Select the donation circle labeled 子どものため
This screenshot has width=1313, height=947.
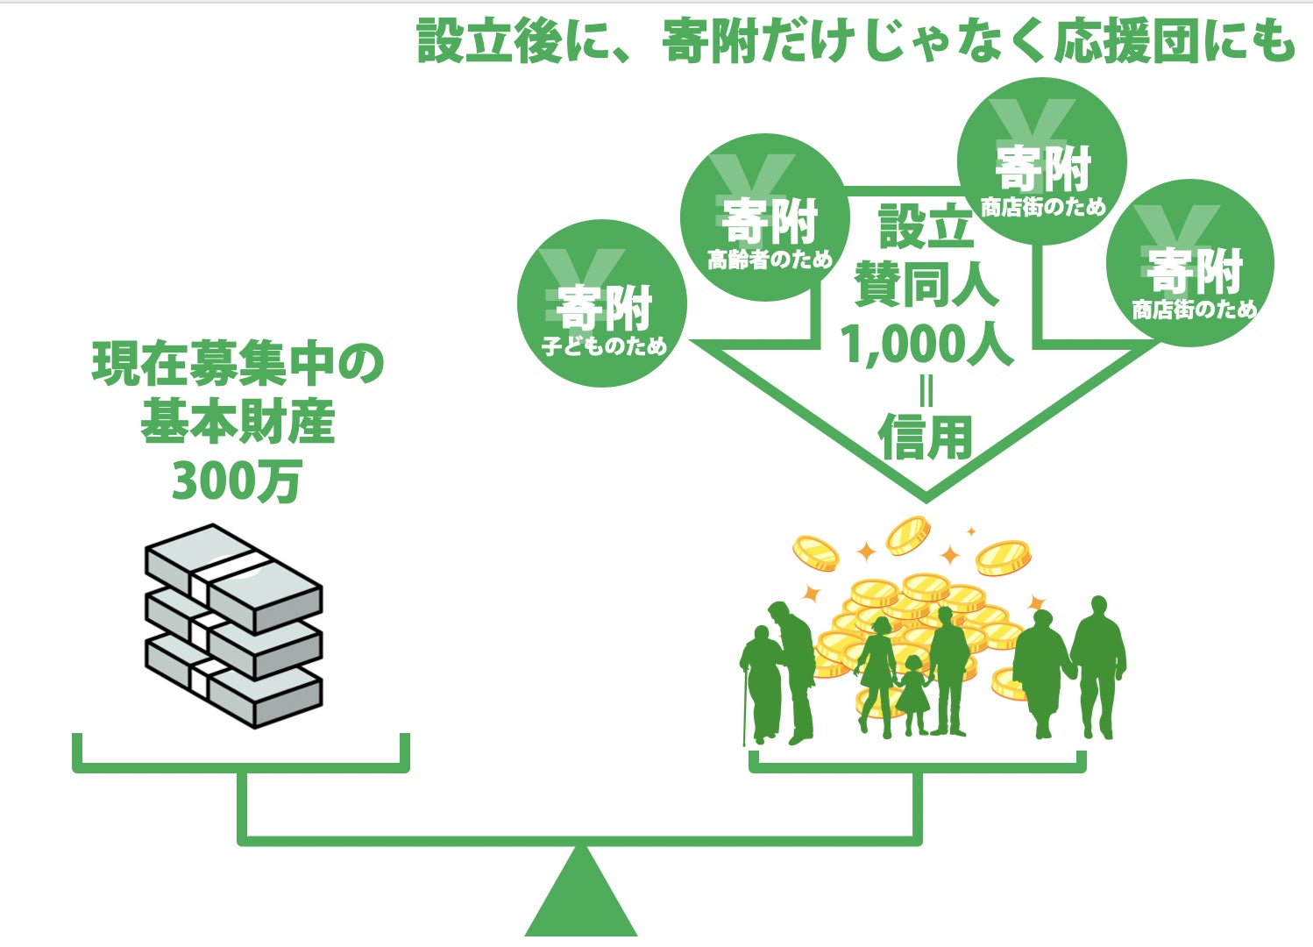[602, 303]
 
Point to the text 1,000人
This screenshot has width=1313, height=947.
[926, 344]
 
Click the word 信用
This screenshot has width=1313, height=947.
[926, 438]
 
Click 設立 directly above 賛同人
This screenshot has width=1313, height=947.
[926, 226]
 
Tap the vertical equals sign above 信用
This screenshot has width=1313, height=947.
[926, 389]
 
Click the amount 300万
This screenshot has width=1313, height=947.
[237, 481]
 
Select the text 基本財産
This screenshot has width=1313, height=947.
[238, 423]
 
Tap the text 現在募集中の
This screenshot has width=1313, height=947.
[238, 365]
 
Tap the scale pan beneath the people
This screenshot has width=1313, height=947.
[917, 765]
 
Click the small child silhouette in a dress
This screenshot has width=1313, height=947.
[913, 693]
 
